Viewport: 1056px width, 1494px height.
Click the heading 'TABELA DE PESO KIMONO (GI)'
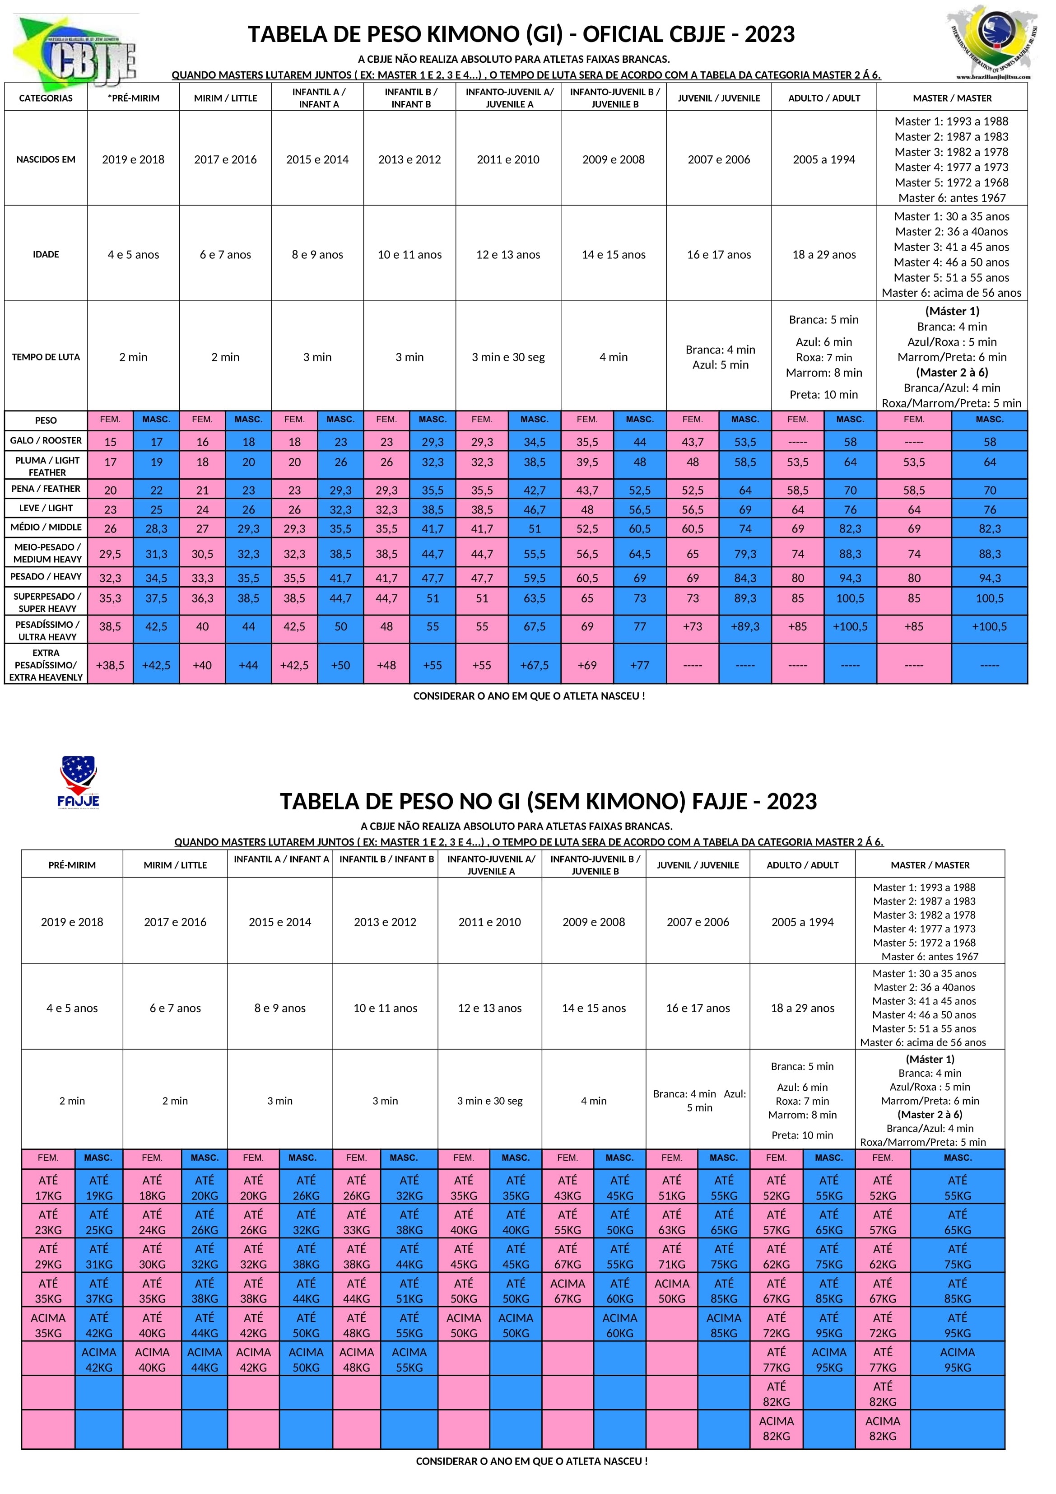(521, 34)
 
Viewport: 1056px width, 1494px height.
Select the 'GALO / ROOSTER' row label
(46, 440)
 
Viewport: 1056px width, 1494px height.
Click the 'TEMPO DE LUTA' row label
(46, 357)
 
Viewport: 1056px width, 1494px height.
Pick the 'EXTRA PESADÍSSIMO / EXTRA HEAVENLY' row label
(46, 664)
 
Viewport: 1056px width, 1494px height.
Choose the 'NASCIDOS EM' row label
(46, 159)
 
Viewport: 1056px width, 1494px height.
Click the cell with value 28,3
(156, 529)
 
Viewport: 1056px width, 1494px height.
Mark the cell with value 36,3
(202, 598)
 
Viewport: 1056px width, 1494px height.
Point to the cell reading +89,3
(745, 626)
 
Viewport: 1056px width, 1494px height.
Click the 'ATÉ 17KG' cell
(48, 1187)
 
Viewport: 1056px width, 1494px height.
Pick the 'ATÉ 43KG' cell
(568, 1187)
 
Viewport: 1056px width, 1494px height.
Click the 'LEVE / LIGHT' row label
(46, 508)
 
